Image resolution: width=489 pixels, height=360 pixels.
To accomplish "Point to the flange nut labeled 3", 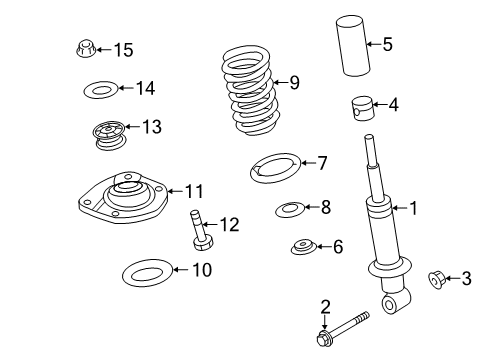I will (x=437, y=277).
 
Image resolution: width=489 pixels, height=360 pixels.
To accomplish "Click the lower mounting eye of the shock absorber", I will (x=392, y=301).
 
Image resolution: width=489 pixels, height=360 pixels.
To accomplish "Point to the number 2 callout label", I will (x=325, y=305).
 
